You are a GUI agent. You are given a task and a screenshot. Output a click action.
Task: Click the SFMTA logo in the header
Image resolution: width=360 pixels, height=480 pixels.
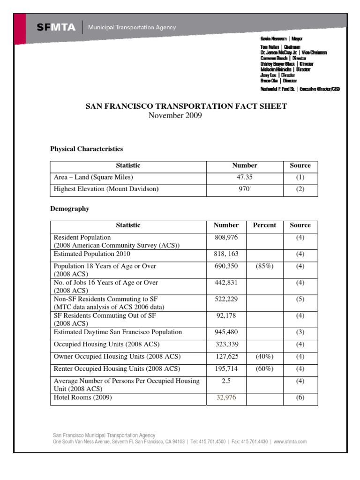coord(56,28)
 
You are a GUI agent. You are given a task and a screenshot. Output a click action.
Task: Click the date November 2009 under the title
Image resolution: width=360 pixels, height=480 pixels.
coord(175,115)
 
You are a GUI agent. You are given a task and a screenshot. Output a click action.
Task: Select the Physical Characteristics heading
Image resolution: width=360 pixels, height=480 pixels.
coord(86,149)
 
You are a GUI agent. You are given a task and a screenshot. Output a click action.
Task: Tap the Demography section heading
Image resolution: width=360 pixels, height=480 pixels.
coord(69,209)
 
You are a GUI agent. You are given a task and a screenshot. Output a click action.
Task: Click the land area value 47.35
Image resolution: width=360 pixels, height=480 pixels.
coord(245,177)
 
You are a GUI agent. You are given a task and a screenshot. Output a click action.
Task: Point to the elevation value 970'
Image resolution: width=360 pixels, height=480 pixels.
coord(245,189)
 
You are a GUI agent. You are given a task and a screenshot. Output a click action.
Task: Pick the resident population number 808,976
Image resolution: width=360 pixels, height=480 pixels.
coord(226,238)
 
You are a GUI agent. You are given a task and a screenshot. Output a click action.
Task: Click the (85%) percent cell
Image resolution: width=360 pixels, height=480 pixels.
coord(264,266)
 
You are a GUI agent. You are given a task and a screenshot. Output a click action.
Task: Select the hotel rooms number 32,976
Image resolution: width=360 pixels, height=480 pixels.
coord(226,397)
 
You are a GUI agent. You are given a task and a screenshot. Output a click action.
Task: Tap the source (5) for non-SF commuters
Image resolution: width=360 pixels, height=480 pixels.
coord(300,299)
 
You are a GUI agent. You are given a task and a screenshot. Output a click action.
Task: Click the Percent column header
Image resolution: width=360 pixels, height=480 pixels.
coord(264,225)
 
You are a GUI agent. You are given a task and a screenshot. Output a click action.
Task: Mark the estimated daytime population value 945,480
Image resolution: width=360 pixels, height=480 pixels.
coord(226,332)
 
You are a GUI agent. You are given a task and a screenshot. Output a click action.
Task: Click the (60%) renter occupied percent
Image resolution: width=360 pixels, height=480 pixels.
coord(264,369)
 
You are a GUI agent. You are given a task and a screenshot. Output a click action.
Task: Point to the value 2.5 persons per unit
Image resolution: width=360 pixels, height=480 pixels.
coord(226,381)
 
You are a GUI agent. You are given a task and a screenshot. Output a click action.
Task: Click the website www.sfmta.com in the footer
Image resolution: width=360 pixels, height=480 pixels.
coord(290,442)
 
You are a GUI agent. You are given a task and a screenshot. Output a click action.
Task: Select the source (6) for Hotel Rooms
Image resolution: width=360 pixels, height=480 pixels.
coord(300,397)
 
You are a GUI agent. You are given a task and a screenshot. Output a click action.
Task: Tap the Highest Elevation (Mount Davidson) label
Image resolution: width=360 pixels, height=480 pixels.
coord(106,189)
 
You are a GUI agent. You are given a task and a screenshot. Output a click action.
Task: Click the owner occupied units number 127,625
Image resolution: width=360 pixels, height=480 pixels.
coord(226,357)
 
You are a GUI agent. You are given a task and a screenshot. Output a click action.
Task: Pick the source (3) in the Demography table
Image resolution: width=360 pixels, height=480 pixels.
coord(300,332)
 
